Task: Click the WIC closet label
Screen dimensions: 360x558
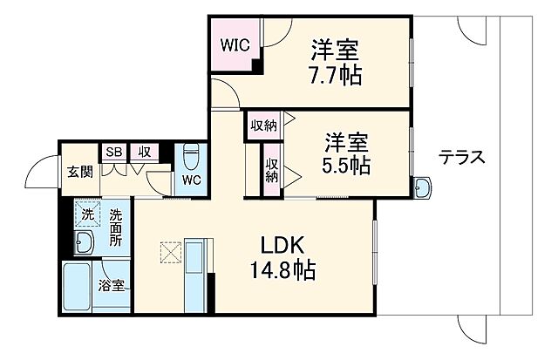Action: [233, 44]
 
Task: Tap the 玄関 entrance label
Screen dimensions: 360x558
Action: [79, 171]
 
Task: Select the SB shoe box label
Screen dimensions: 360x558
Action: [113, 152]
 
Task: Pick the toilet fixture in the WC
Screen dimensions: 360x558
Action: [192, 157]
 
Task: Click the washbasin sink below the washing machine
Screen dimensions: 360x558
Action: [85, 242]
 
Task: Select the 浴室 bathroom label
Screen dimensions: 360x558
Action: [111, 285]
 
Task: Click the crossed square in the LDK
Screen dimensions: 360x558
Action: [170, 253]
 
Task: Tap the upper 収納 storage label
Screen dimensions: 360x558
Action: [263, 126]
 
